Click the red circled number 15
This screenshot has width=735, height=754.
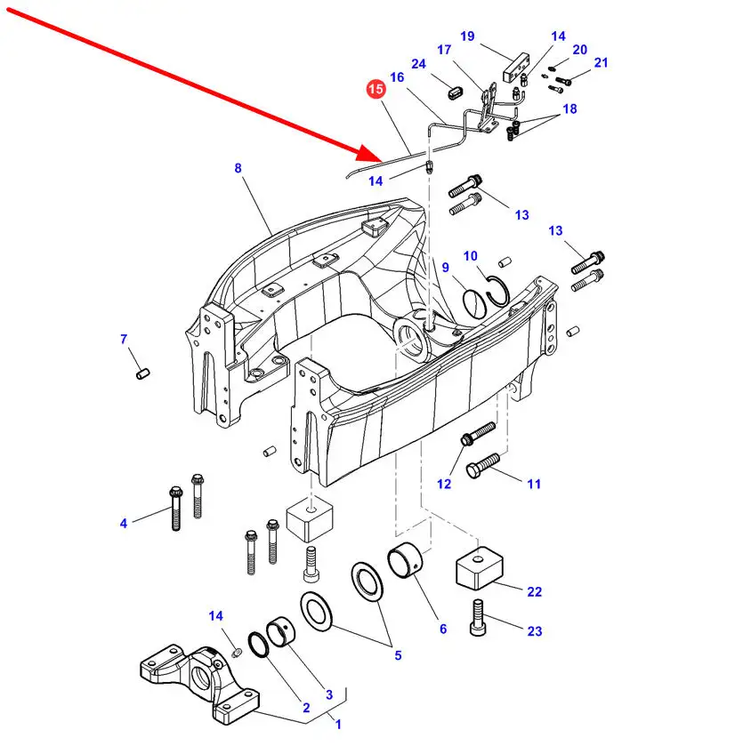376,89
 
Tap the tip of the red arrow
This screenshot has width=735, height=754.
383,161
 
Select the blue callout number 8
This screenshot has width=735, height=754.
238,168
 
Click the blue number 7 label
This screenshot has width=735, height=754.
124,339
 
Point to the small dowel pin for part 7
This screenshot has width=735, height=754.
143,373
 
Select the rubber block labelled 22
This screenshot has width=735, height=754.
480,568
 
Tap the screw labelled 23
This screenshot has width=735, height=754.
478,617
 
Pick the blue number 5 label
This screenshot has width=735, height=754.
398,655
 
